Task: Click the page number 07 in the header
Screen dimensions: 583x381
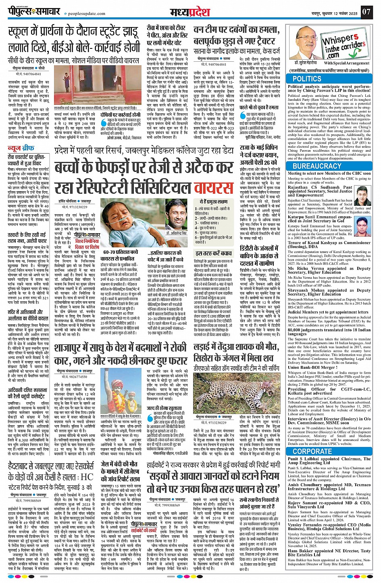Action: click(x=366, y=11)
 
